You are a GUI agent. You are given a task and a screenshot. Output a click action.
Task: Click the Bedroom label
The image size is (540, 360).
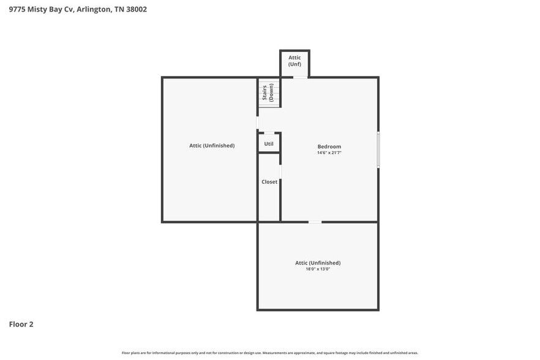329,146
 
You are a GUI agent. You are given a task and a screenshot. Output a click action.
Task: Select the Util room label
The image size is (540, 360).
269,144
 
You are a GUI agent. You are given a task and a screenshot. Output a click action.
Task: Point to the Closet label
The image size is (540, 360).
269,182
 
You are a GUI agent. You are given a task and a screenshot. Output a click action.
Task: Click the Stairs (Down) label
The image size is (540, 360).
268,92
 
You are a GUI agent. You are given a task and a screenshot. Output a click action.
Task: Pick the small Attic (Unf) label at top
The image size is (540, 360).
294,61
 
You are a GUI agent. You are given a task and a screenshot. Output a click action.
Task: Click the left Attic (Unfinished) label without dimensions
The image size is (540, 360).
212,146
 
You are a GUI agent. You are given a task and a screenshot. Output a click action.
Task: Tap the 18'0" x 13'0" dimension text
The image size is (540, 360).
317,269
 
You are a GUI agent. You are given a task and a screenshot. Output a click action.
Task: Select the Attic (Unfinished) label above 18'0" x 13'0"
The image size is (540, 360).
318,263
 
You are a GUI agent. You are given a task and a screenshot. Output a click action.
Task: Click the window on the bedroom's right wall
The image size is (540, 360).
378,149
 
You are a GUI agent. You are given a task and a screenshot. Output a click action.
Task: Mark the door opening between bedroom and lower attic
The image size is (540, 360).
314,222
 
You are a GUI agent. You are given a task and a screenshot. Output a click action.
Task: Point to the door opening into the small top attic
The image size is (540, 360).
300,77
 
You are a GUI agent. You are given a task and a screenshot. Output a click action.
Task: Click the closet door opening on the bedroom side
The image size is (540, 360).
280,173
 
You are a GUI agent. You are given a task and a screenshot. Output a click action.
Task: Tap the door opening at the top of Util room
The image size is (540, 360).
269,133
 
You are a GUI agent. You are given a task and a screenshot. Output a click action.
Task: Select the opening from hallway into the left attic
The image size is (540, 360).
257,122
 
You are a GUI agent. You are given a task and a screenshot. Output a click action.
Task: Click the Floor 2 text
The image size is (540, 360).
21,324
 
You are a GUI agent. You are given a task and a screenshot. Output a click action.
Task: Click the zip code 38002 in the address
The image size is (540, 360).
135,9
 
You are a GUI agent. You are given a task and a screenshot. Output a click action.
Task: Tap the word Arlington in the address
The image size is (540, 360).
94,9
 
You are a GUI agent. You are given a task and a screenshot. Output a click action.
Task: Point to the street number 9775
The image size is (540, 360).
17,9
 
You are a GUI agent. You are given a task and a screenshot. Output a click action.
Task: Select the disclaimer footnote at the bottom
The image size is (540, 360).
270,353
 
